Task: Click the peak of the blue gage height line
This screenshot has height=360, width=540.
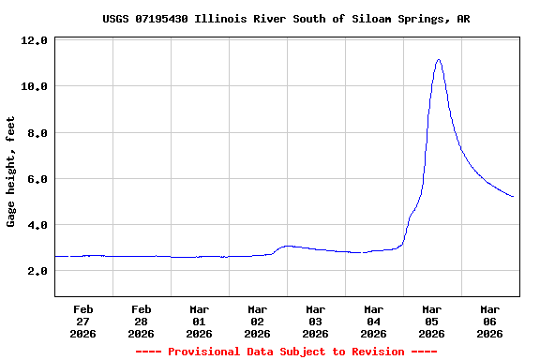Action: pos(438,60)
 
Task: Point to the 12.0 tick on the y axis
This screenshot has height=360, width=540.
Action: pos(36,41)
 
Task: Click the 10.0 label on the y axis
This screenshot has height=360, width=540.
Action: pos(36,87)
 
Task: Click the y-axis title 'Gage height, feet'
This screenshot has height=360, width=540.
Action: pos(11,172)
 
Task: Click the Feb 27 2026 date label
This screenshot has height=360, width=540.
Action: pos(83,321)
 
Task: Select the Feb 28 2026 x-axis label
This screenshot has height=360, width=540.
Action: pos(142,321)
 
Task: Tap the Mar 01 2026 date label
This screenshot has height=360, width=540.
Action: pos(200,321)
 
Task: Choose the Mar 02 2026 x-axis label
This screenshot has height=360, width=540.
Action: pos(258,321)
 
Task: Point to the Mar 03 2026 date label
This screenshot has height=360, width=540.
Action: pos(316,321)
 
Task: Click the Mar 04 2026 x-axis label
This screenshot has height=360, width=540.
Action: pos(374,321)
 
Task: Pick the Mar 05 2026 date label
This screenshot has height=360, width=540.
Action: pos(432,321)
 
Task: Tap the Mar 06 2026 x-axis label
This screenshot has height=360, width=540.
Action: pos(490,321)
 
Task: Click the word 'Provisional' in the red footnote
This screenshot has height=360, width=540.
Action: pos(203,352)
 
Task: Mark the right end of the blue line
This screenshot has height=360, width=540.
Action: pos(513,196)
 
